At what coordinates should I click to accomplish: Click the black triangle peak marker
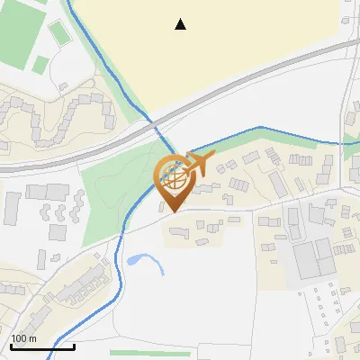tap(181, 24)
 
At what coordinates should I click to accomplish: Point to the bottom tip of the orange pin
tap(172, 211)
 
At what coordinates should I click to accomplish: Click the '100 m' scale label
tap(23, 337)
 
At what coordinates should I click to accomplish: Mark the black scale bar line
tap(41, 346)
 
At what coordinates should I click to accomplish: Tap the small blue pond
tap(135, 260)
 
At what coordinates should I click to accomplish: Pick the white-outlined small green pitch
tap(58, 33)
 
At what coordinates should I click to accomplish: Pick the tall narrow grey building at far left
tap(13, 208)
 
